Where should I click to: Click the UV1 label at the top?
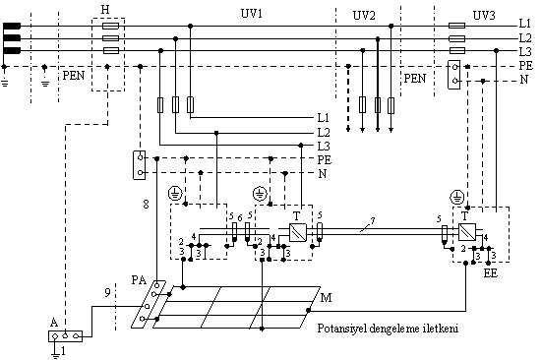coord(252,14)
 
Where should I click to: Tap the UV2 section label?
coord(364,16)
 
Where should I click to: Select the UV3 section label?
coord(484,15)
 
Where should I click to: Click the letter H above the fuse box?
coord(105,9)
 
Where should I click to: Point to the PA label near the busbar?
coord(139,279)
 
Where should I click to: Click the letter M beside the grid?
coord(326,297)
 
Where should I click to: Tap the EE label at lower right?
coord(490,273)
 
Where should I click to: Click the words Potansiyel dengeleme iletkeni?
coord(388,328)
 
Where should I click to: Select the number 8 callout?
coord(146,205)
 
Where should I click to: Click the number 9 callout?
coord(107,293)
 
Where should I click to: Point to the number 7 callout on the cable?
coord(372,220)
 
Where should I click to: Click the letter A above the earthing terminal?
coord(54,323)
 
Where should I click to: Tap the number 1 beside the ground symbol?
coord(63,351)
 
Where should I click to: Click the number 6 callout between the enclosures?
coord(240,217)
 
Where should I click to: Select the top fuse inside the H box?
coord(111,26)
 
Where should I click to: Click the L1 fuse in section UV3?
coord(456,26)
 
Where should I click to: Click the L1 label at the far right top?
coord(525,24)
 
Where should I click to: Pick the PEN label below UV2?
coord(415,79)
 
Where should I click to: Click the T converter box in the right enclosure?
coord(467,232)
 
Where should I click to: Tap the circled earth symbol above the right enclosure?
coord(457,198)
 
